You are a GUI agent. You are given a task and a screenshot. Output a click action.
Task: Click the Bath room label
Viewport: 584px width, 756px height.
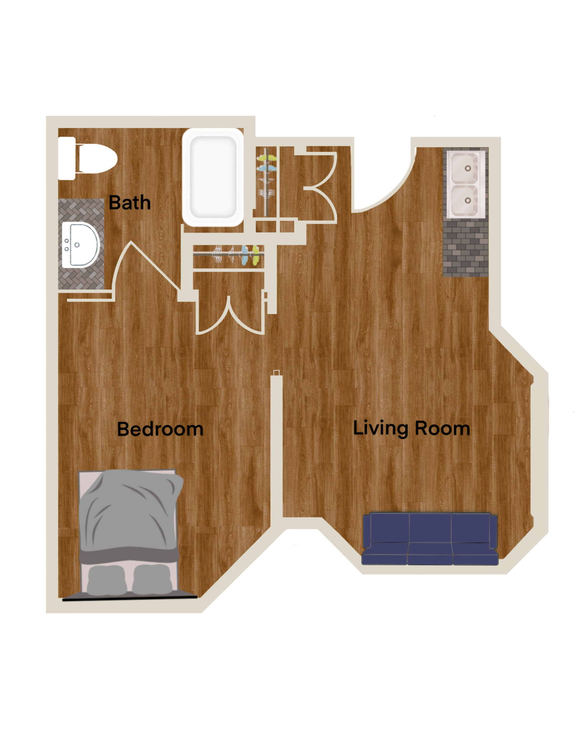(x=130, y=203)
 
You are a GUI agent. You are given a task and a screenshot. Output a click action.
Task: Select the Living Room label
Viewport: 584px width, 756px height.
(x=411, y=428)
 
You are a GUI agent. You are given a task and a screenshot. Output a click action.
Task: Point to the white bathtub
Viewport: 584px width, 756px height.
(x=213, y=177)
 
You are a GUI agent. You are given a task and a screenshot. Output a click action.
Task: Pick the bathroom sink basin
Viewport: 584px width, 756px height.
(x=81, y=245)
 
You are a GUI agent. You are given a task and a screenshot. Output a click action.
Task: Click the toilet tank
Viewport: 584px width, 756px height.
(x=67, y=159)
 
